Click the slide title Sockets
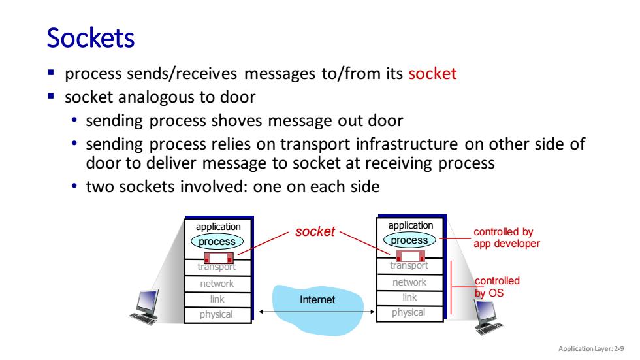(91, 38)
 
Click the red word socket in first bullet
(432, 73)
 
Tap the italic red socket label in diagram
(315, 231)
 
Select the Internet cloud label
(317, 300)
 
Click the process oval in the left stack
(217, 241)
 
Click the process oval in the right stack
(409, 240)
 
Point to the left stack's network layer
(217, 284)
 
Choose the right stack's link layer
(409, 297)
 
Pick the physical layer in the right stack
(409, 313)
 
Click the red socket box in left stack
(219, 258)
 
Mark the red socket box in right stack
(411, 256)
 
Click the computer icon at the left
(145, 307)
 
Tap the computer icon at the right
(488, 317)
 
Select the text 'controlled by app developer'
(507, 238)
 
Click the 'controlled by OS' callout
(497, 287)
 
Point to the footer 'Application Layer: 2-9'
(591, 349)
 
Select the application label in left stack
(218, 227)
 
